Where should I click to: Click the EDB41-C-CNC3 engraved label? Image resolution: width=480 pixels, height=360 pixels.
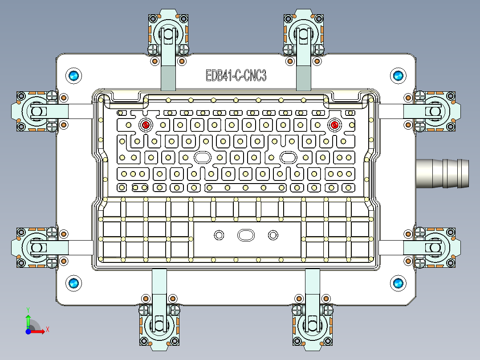click(236, 76)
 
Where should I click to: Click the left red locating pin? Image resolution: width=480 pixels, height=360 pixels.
click(146, 125)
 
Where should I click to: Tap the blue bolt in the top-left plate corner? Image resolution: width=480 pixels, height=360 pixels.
click(73, 76)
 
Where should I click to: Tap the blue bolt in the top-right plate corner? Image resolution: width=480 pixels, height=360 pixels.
click(397, 76)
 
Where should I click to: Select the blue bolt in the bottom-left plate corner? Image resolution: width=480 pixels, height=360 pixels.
click(73, 283)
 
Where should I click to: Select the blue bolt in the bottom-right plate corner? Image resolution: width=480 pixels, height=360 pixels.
click(397, 283)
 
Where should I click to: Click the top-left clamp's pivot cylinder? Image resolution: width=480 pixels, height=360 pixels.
click(168, 34)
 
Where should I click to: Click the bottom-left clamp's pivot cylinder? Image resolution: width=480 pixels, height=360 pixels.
click(159, 324)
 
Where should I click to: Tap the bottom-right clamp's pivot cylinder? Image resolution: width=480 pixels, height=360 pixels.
click(313, 324)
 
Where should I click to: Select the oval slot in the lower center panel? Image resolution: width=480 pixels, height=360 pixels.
click(245, 235)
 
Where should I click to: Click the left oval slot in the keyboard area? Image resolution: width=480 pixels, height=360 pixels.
click(203, 157)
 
